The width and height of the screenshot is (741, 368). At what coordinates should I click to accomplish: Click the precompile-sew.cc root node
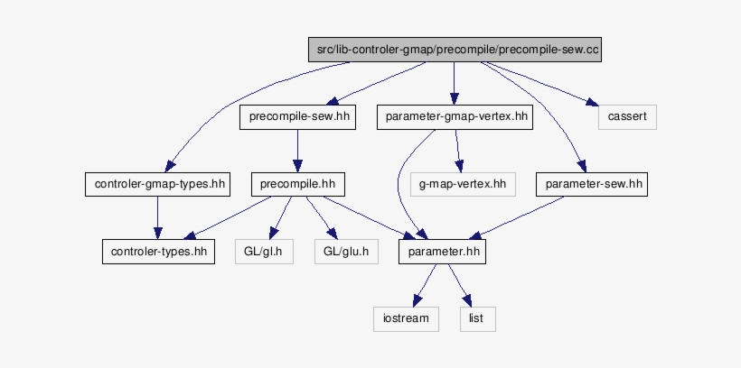(454, 50)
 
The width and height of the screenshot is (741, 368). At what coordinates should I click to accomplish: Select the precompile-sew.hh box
(297, 117)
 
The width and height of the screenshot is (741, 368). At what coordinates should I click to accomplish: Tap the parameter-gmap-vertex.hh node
(456, 117)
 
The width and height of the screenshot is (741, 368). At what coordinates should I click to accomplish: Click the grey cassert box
(626, 117)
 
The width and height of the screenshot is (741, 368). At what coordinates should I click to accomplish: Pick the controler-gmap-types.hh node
(157, 185)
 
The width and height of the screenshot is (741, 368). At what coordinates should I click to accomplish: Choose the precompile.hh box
(297, 185)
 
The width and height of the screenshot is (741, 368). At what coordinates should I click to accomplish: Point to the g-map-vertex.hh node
(463, 185)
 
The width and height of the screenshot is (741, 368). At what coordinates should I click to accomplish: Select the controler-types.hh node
(157, 252)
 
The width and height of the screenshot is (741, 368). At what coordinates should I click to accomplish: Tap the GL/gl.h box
(264, 252)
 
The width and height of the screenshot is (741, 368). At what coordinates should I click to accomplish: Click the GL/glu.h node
(346, 252)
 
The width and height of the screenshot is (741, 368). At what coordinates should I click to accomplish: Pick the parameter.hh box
(442, 252)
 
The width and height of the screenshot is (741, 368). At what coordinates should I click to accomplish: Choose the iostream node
(406, 318)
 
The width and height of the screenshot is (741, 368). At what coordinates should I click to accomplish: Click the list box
(478, 318)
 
